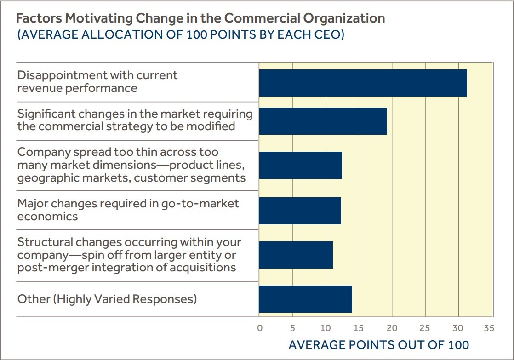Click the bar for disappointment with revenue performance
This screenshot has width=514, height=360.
[363, 83]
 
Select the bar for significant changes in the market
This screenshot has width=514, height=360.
[323, 121]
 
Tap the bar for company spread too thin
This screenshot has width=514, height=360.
[300, 165]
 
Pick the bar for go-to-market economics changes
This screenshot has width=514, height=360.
[300, 211]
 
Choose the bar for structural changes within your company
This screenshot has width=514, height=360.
[296, 255]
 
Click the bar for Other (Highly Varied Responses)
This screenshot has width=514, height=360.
[305, 299]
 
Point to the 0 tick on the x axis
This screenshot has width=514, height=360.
[260, 328]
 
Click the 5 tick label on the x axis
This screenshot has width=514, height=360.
[293, 328]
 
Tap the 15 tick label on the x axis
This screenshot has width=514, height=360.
[359, 328]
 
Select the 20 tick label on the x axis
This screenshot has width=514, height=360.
[392, 328]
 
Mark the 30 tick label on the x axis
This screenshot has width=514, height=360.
[458, 328]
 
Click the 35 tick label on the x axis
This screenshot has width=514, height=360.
[489, 328]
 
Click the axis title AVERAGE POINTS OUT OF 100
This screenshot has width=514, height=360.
[378, 345]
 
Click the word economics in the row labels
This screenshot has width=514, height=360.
[47, 217]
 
